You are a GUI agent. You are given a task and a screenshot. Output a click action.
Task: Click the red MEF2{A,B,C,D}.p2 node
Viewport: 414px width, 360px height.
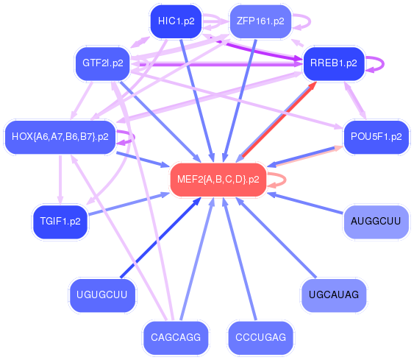(218, 180)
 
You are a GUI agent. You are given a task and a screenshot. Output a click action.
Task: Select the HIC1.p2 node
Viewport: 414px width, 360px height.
(176, 21)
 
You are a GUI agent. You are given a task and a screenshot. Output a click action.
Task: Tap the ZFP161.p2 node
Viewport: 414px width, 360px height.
(260, 21)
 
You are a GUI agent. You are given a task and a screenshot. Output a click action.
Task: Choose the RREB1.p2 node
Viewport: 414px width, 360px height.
(333, 63)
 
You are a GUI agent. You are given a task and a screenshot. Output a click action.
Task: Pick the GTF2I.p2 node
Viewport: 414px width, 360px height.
(102, 63)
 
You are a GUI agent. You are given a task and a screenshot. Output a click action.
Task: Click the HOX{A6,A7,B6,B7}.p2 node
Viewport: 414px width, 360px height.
(60, 136)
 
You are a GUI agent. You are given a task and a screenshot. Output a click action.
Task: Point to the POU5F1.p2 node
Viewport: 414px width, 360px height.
(376, 136)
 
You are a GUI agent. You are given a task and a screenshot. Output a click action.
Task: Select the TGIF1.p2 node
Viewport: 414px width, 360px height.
(60, 221)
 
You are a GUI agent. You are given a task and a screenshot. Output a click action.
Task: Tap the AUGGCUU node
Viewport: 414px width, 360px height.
(376, 221)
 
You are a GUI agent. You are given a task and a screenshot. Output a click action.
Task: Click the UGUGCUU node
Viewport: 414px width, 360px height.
(102, 295)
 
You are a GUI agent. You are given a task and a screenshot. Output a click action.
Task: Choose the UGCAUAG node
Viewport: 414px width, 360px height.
(333, 295)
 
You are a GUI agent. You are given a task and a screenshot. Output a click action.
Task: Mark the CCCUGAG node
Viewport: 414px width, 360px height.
(260, 337)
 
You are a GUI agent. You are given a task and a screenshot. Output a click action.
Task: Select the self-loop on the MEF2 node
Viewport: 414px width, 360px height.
(283, 180)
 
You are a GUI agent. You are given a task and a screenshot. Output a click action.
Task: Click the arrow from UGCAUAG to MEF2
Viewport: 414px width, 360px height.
(276, 238)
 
